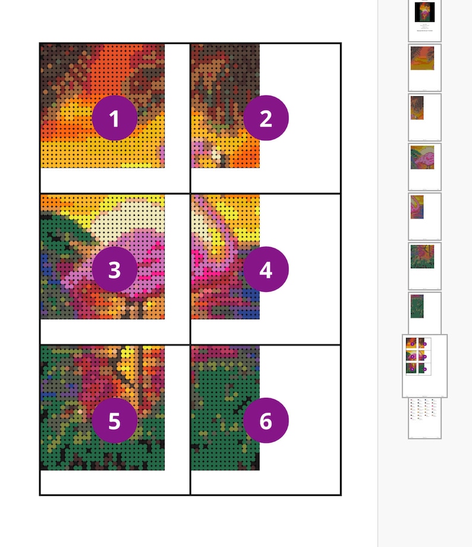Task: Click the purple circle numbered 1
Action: [115, 118]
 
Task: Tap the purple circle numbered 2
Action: [266, 118]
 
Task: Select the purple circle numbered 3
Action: [115, 269]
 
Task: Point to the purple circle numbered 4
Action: [266, 269]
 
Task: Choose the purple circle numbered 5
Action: [115, 420]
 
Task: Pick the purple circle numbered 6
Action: [266, 420]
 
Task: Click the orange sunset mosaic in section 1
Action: [71, 89]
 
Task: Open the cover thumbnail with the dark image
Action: [424, 20]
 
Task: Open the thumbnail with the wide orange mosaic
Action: [424, 67]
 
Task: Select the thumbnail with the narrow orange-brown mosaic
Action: [424, 117]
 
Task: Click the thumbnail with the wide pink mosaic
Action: [424, 166]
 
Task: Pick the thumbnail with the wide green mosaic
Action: [424, 266]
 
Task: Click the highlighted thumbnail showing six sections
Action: [424, 366]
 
